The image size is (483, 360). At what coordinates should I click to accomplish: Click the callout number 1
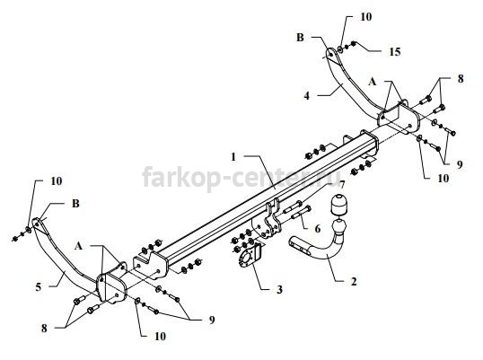pos(233,157)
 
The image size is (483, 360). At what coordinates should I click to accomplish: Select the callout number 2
pos(354,281)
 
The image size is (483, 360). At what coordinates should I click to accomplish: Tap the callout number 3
pos(279,289)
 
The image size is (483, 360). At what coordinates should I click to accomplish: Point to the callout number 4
pos(306,96)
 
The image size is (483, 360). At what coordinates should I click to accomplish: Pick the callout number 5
pos(39,287)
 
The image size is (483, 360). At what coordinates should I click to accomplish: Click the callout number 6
pos(317,229)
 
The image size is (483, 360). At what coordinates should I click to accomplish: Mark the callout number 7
pos(341,184)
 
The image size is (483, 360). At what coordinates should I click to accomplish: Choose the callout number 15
pos(394,52)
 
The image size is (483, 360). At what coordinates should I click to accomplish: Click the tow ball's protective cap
pos(338,204)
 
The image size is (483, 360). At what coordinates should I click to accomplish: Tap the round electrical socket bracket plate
pos(250,257)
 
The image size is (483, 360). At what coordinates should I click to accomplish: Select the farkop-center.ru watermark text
pos(241,177)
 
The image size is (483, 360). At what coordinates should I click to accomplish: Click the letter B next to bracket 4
pos(300,38)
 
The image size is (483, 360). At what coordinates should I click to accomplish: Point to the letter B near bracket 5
pos(75,204)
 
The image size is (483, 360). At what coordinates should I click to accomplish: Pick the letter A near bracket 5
pos(78,246)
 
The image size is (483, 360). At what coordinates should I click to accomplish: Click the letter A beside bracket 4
pos(373,82)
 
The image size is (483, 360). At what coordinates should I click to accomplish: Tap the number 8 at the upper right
pos(461,79)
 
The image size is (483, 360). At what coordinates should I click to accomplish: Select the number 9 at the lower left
pos(212,320)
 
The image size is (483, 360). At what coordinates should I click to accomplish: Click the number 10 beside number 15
pos(366,17)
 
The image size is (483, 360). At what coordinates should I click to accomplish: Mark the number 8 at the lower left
pos(44,329)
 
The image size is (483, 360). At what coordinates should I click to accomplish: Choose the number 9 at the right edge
pos(460,165)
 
